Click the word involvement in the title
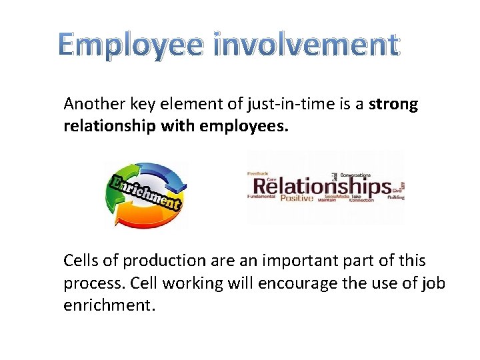306,45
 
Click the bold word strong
393,104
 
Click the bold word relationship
109,125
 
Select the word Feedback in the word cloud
258,173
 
